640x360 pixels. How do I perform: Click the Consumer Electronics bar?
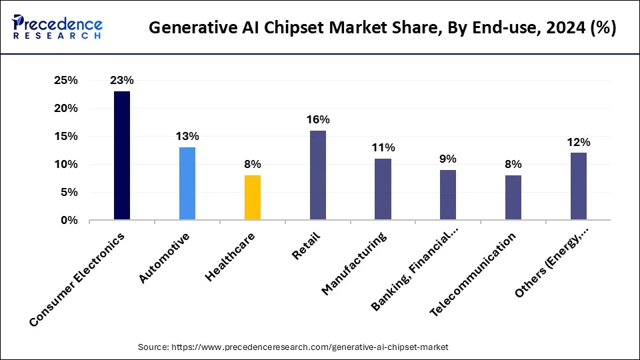coord(122,155)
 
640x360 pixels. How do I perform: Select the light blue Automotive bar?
coord(187,183)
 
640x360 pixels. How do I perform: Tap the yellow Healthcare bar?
coord(253,197)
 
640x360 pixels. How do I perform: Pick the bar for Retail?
coord(318,175)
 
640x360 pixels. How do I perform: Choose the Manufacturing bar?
coord(383,189)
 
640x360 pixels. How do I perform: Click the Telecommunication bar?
coord(513,197)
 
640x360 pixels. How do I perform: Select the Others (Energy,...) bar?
coord(579,186)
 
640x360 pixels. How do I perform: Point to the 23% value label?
coord(122,81)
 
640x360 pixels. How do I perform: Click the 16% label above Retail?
coord(318,120)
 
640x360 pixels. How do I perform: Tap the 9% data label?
coord(448,159)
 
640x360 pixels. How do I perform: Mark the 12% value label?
coord(579,142)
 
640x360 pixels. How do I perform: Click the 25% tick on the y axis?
coord(66,81)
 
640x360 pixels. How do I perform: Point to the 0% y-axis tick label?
coord(69,220)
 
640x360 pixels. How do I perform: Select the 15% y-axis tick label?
coord(66,137)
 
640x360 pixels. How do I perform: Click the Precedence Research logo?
coord(57,27)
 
